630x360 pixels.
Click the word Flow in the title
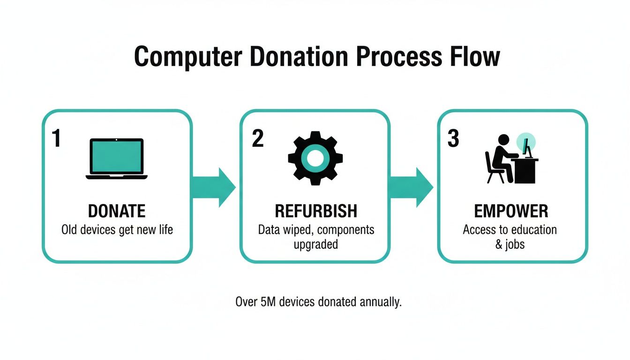(474, 57)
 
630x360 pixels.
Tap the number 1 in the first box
(56, 139)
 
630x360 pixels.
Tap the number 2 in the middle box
(257, 139)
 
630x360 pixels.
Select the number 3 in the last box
(453, 139)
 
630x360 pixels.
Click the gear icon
(315, 158)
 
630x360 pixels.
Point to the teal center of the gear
(315, 158)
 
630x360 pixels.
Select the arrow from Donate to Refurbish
(213, 187)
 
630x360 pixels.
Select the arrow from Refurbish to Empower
(411, 187)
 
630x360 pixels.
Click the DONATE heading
(117, 211)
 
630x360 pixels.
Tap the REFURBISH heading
(315, 211)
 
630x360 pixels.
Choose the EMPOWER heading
(511, 211)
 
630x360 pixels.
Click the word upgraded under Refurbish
(315, 245)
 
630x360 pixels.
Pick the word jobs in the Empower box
(515, 245)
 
